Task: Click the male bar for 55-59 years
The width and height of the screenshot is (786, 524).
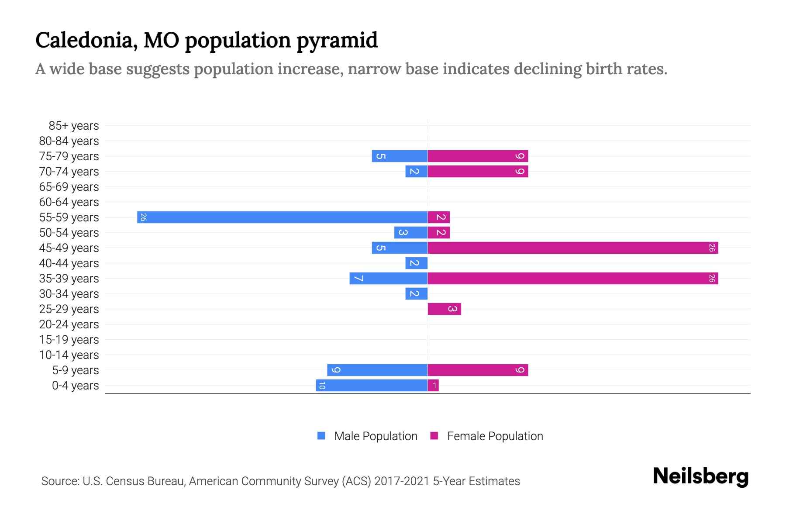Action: [282, 217]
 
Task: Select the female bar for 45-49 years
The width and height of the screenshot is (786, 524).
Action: [572, 248]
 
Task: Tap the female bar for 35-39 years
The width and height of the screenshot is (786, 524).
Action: [572, 278]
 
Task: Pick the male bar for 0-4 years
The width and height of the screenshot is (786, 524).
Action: [372, 385]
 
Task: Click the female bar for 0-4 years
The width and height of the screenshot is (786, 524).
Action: [433, 385]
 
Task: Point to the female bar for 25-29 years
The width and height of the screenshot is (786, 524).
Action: [444, 309]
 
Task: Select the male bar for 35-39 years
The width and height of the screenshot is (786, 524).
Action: [388, 278]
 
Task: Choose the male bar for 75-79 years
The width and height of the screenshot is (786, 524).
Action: [400, 156]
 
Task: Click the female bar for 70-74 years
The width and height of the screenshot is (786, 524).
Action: [478, 171]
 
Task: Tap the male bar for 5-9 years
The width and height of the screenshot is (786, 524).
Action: [377, 370]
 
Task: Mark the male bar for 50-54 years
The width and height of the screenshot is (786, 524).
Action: [410, 232]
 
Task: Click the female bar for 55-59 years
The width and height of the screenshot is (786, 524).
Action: [438, 217]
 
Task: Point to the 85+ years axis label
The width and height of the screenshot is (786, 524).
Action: [74, 126]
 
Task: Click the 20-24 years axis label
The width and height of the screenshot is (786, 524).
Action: [69, 324]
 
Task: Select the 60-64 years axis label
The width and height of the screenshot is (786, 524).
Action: [69, 202]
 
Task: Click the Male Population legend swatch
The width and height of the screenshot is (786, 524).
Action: [321, 436]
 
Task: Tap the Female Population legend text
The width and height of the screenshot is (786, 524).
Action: [495, 436]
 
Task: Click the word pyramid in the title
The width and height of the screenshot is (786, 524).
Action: [337, 40]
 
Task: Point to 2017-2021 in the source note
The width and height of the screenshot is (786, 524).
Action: [401, 481]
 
